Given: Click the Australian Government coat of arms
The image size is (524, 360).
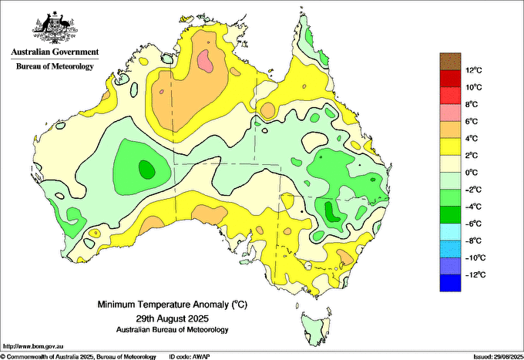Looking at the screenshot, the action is (x=55, y=28).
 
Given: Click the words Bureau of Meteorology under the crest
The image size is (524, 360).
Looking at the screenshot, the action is (x=55, y=66).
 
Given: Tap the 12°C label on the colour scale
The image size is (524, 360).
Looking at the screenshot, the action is (x=474, y=70).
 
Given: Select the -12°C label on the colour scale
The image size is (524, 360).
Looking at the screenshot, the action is (x=475, y=275).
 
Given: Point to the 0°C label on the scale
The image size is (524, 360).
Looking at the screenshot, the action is (x=472, y=173).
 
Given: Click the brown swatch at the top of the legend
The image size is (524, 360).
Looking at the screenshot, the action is (x=450, y=62).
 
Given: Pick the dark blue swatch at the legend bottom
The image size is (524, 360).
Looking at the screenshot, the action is (x=450, y=283).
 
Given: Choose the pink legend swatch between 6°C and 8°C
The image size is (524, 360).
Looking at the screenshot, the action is (x=450, y=113).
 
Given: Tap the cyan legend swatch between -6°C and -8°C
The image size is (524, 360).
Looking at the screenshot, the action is (x=450, y=232).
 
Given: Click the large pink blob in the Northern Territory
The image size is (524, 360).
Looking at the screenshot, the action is (x=205, y=61).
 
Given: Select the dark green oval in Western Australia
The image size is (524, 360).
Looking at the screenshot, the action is (x=146, y=170).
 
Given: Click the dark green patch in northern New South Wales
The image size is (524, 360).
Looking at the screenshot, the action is (x=332, y=212).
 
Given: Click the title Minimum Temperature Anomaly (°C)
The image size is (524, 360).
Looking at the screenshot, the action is (x=173, y=304).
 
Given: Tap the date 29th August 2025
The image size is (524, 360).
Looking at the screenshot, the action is (x=172, y=318).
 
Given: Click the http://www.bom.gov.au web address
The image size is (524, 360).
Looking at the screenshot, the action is (x=33, y=346).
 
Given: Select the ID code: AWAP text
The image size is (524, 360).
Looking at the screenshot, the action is (x=190, y=357).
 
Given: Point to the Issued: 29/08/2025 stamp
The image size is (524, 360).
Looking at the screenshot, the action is (x=499, y=357).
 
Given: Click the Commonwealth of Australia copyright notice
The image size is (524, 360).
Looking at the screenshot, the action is (x=79, y=357).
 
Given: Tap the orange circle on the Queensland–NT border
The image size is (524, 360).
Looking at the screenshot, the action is (x=267, y=111).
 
